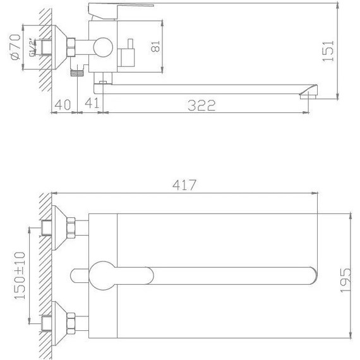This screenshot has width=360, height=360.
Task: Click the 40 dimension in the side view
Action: (x=61, y=105)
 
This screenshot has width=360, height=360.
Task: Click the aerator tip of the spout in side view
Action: (x=308, y=95)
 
